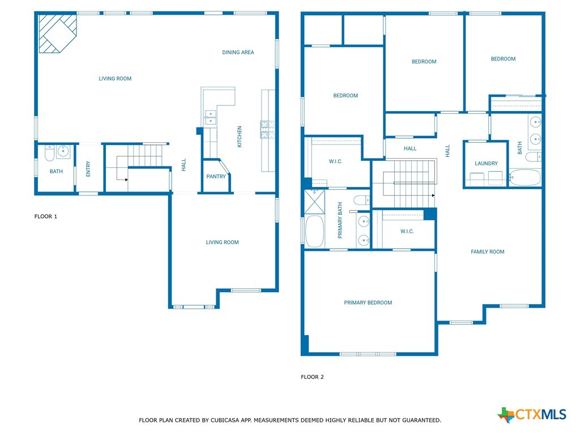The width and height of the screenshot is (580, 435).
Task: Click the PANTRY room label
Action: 216,177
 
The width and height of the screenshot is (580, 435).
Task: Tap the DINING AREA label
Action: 238,53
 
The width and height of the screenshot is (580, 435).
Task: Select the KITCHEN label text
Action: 240,137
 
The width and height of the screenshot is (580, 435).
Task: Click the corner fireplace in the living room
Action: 57,33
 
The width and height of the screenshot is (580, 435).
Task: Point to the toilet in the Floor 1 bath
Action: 50,153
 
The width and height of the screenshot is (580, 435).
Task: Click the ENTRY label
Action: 88,169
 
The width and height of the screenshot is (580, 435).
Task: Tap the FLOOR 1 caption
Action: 46,216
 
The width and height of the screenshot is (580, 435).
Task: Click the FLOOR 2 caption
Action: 312,377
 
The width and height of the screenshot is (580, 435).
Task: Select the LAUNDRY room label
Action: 486,164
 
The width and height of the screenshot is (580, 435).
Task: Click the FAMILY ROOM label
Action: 488,252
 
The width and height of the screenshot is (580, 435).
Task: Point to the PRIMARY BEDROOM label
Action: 368,302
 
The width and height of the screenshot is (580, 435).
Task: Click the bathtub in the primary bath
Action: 315,231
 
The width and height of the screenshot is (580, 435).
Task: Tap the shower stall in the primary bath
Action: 314,202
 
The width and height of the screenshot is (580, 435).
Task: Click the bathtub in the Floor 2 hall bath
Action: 525,177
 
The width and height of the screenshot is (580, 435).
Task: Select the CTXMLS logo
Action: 531,414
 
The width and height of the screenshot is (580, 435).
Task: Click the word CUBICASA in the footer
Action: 224,420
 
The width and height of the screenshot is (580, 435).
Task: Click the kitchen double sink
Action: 210,117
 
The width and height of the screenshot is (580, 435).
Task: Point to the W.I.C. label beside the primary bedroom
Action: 407,232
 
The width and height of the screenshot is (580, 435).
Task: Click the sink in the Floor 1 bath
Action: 63,152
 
